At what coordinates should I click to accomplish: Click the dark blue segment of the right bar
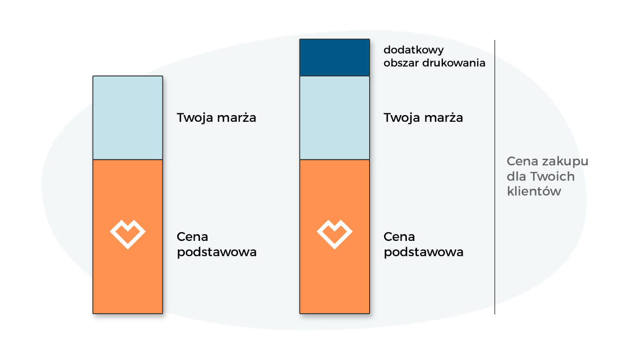[335, 58]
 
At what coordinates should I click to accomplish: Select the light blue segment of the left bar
[128, 118]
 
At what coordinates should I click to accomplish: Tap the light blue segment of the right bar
[335, 118]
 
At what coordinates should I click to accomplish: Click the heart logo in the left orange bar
[128, 234]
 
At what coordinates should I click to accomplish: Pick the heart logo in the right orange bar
[335, 234]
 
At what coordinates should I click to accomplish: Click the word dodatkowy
[413, 50]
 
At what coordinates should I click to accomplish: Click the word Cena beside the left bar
[192, 237]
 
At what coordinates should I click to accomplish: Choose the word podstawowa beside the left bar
[217, 252]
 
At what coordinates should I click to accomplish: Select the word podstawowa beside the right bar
[424, 252]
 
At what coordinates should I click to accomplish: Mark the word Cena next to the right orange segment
[399, 237]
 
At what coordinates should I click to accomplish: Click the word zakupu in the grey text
[565, 162]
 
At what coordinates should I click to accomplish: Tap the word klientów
[534, 191]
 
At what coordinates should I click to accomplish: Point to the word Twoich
[552, 177]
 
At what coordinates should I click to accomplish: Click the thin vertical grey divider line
[495, 177]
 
